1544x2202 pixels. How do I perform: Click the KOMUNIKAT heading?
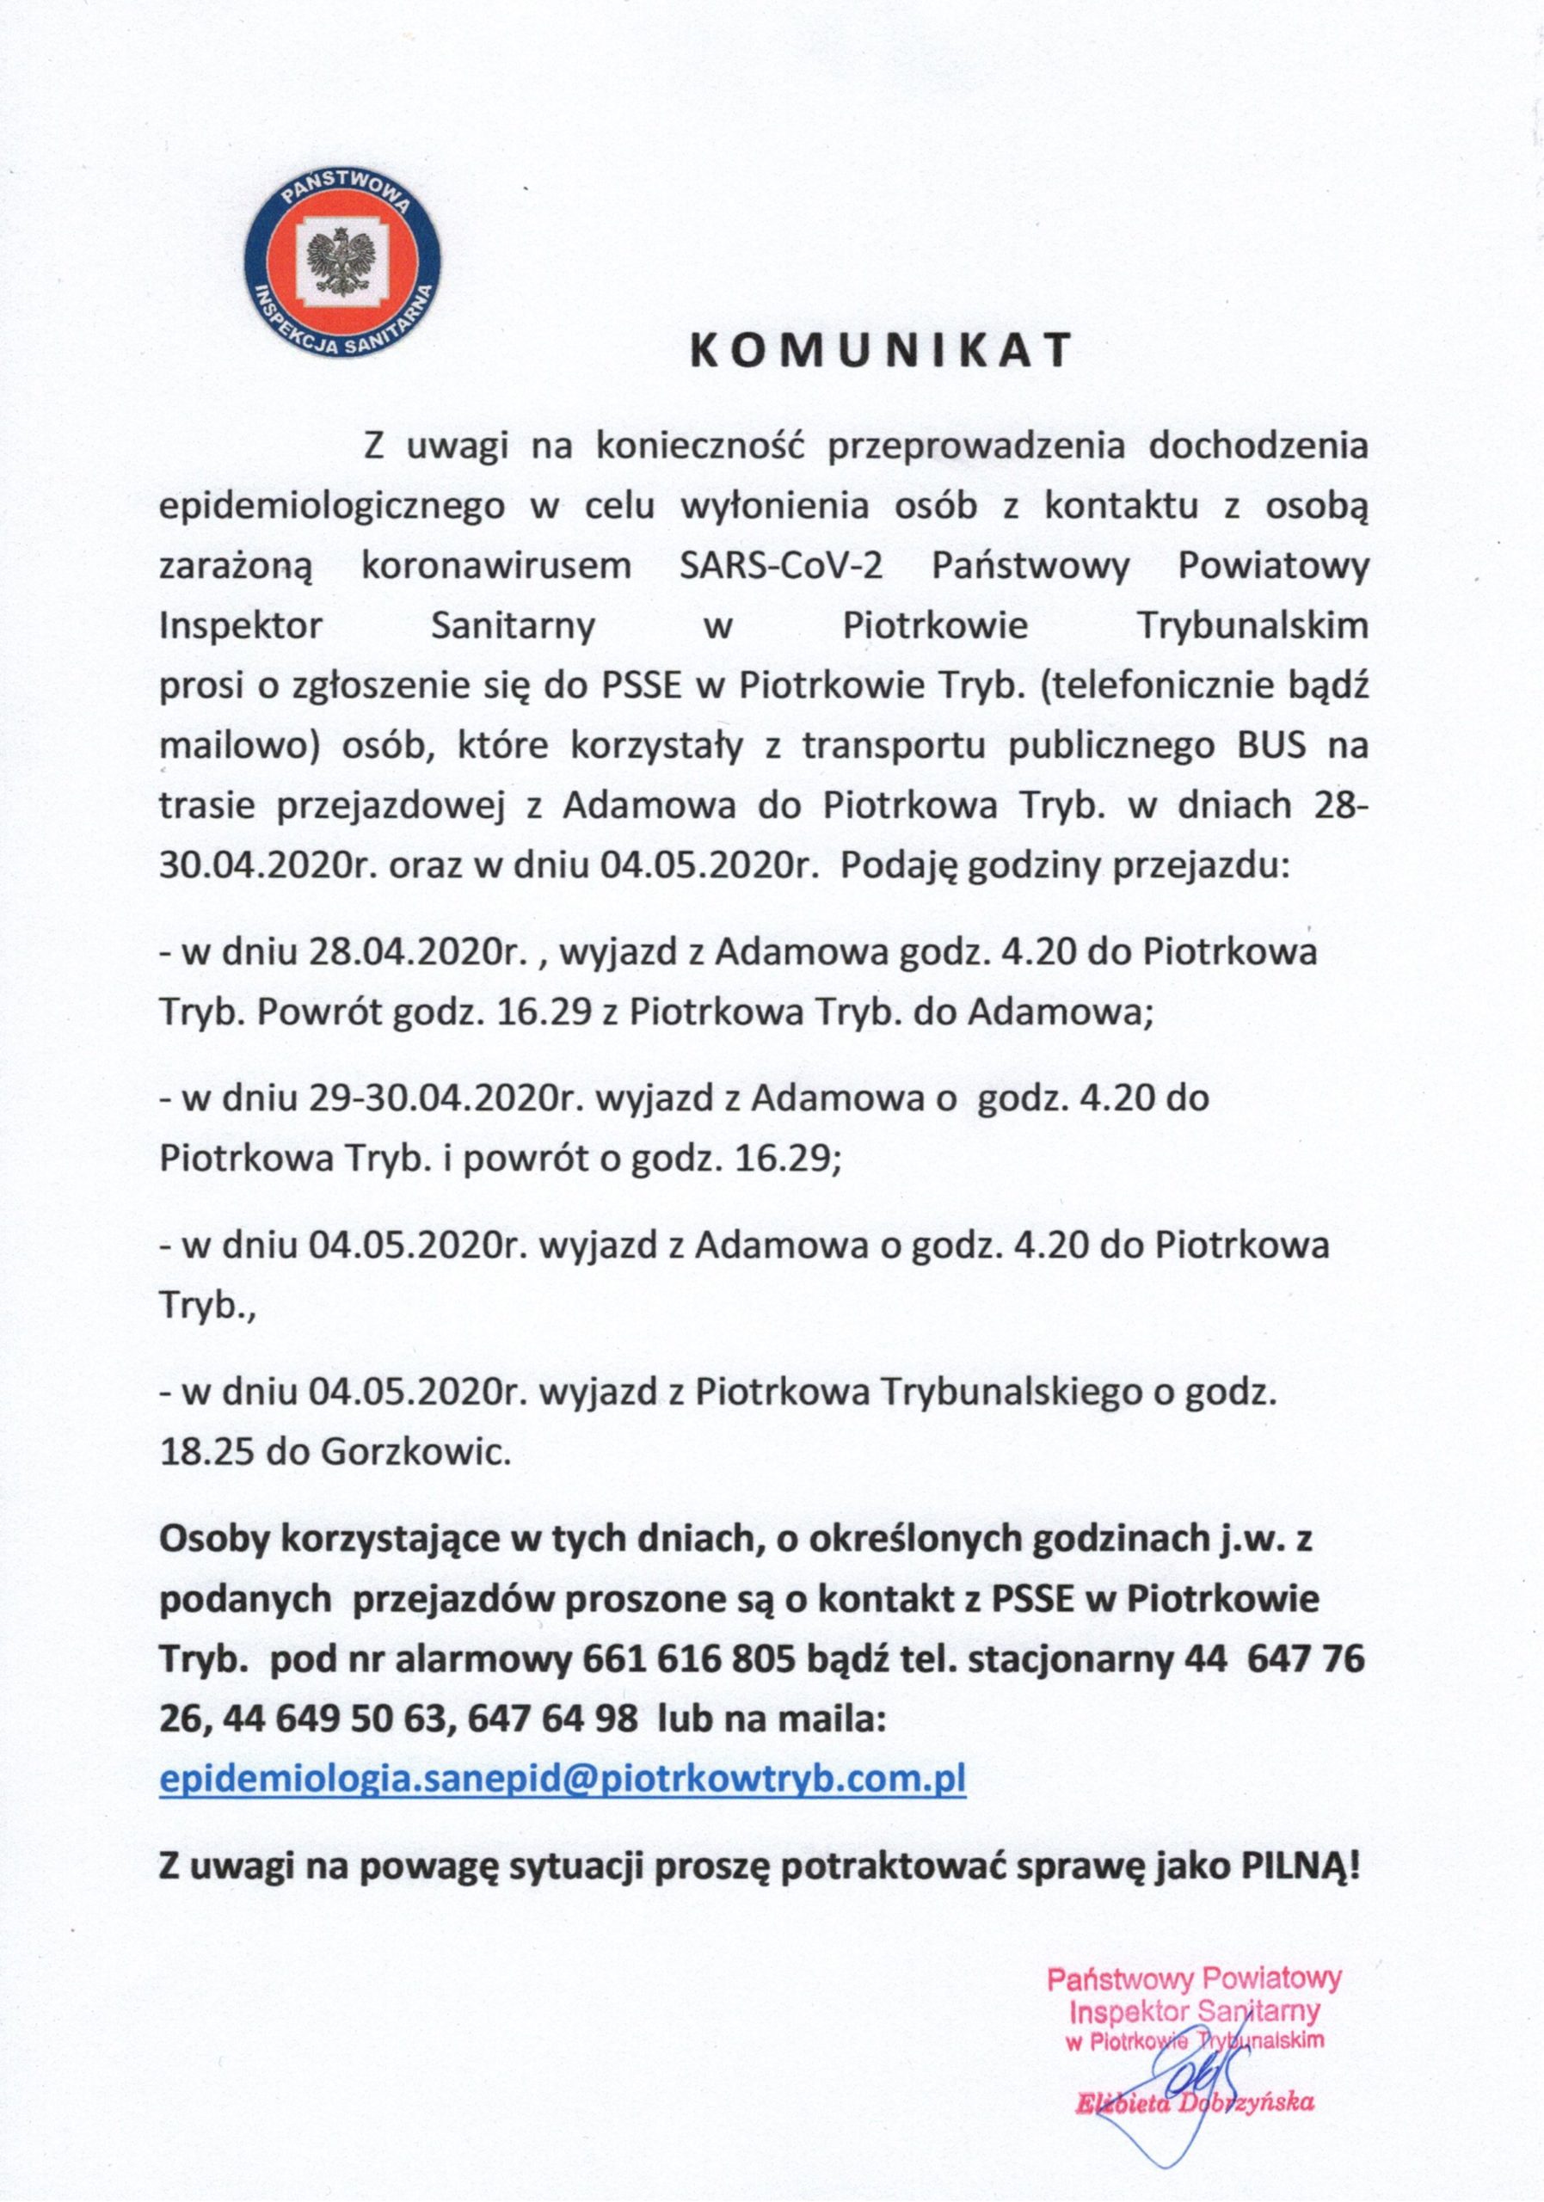pos(880,353)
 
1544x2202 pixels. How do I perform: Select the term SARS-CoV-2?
pos(781,566)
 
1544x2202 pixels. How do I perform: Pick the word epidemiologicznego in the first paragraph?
pos(332,507)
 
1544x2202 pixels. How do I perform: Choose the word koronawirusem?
pos(497,566)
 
